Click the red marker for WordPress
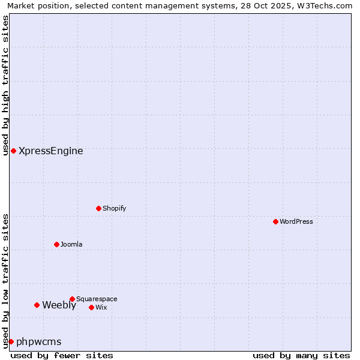tap(275, 221)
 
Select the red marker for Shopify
tap(98, 208)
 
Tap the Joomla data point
tap(56, 244)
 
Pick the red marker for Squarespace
tap(72, 299)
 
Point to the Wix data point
tap(91, 307)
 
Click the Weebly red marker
tap(37, 305)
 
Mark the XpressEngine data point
tap(13, 151)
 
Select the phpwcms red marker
tap(11, 341)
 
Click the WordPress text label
tap(296, 221)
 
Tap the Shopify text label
tap(114, 208)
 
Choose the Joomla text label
tap(71, 244)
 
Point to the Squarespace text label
tap(97, 299)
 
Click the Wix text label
tap(101, 307)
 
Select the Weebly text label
tap(59, 305)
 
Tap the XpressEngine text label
tap(51, 151)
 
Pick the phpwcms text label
tap(39, 341)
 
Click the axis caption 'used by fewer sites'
tap(62, 355)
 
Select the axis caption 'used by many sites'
tap(301, 355)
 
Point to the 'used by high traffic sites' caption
tap(6, 85)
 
